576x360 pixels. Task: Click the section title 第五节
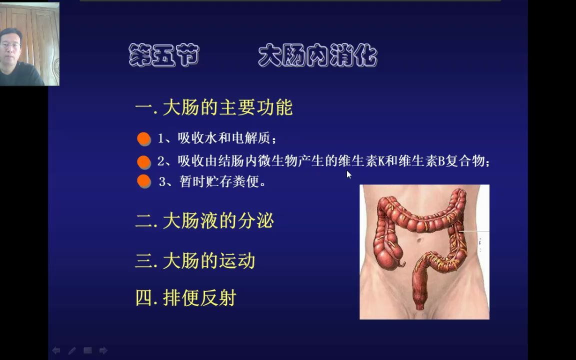pyautogui.click(x=163, y=55)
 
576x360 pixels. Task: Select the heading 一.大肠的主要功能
pyautogui.click(x=213, y=108)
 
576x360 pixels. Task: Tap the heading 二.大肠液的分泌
pyautogui.click(x=204, y=221)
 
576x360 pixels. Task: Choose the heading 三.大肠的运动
pyautogui.click(x=195, y=261)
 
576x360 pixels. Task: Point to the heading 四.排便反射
pyautogui.click(x=185, y=298)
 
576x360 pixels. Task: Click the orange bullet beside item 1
pyautogui.click(x=144, y=139)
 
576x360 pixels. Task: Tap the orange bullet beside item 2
pyautogui.click(x=144, y=162)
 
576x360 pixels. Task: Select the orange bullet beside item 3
pyautogui.click(x=144, y=181)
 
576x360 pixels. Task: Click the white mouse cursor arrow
pyautogui.click(x=348, y=174)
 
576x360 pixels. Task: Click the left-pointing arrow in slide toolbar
pyautogui.click(x=56, y=350)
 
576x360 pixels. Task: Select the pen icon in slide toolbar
pyautogui.click(x=72, y=350)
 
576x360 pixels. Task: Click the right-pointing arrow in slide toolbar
pyautogui.click(x=103, y=350)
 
